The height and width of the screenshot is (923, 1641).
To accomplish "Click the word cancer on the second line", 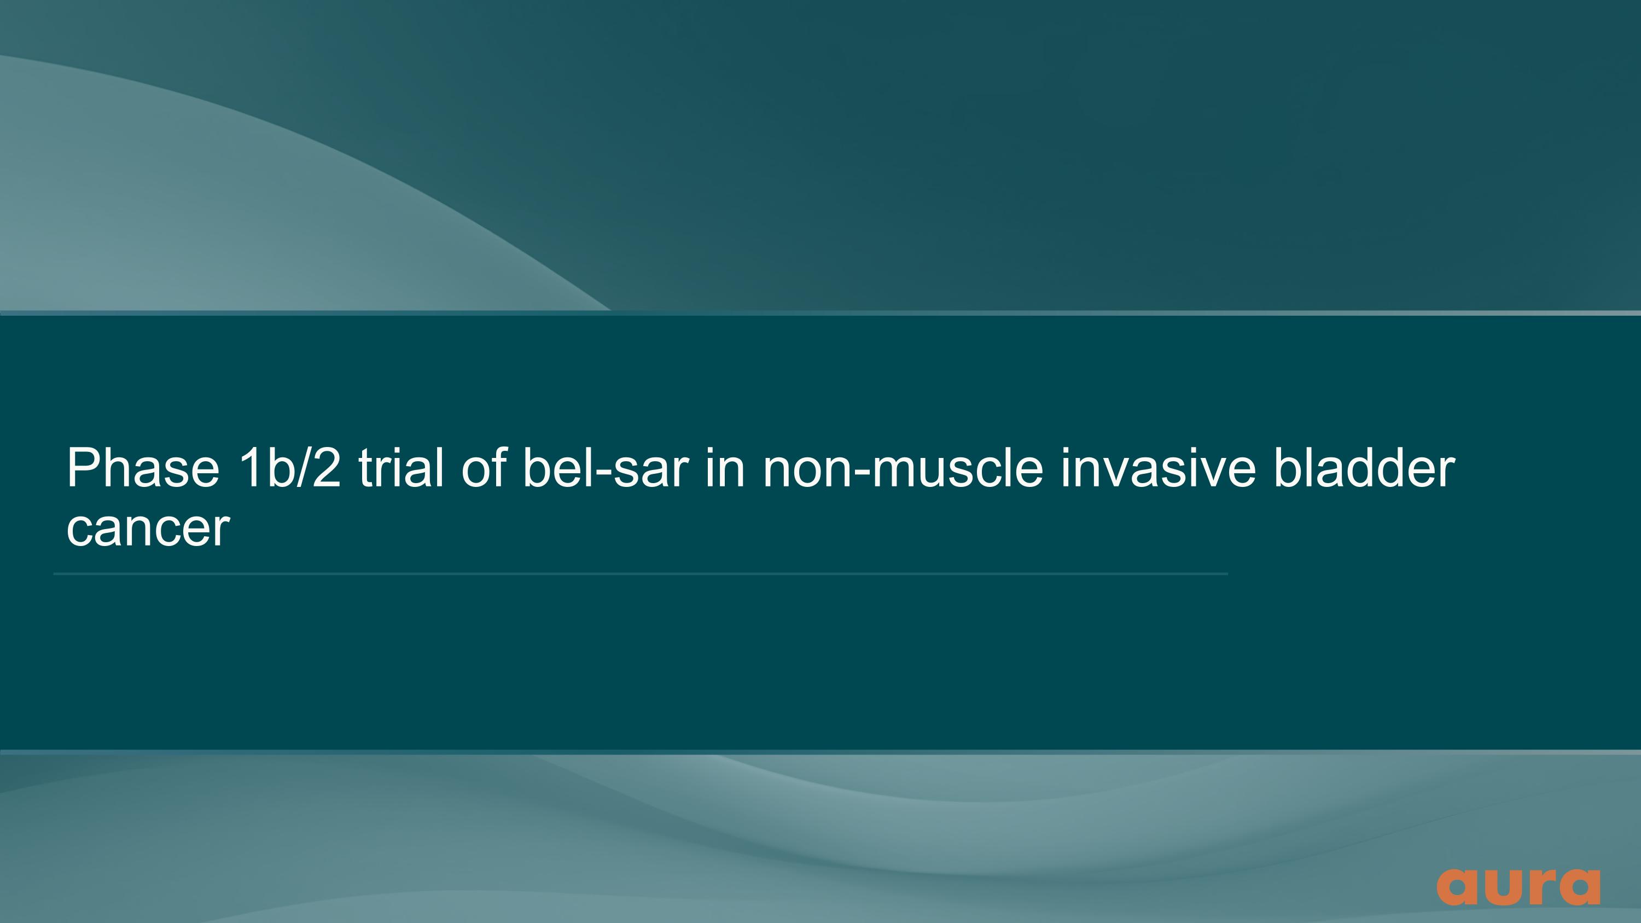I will pos(148,529).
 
